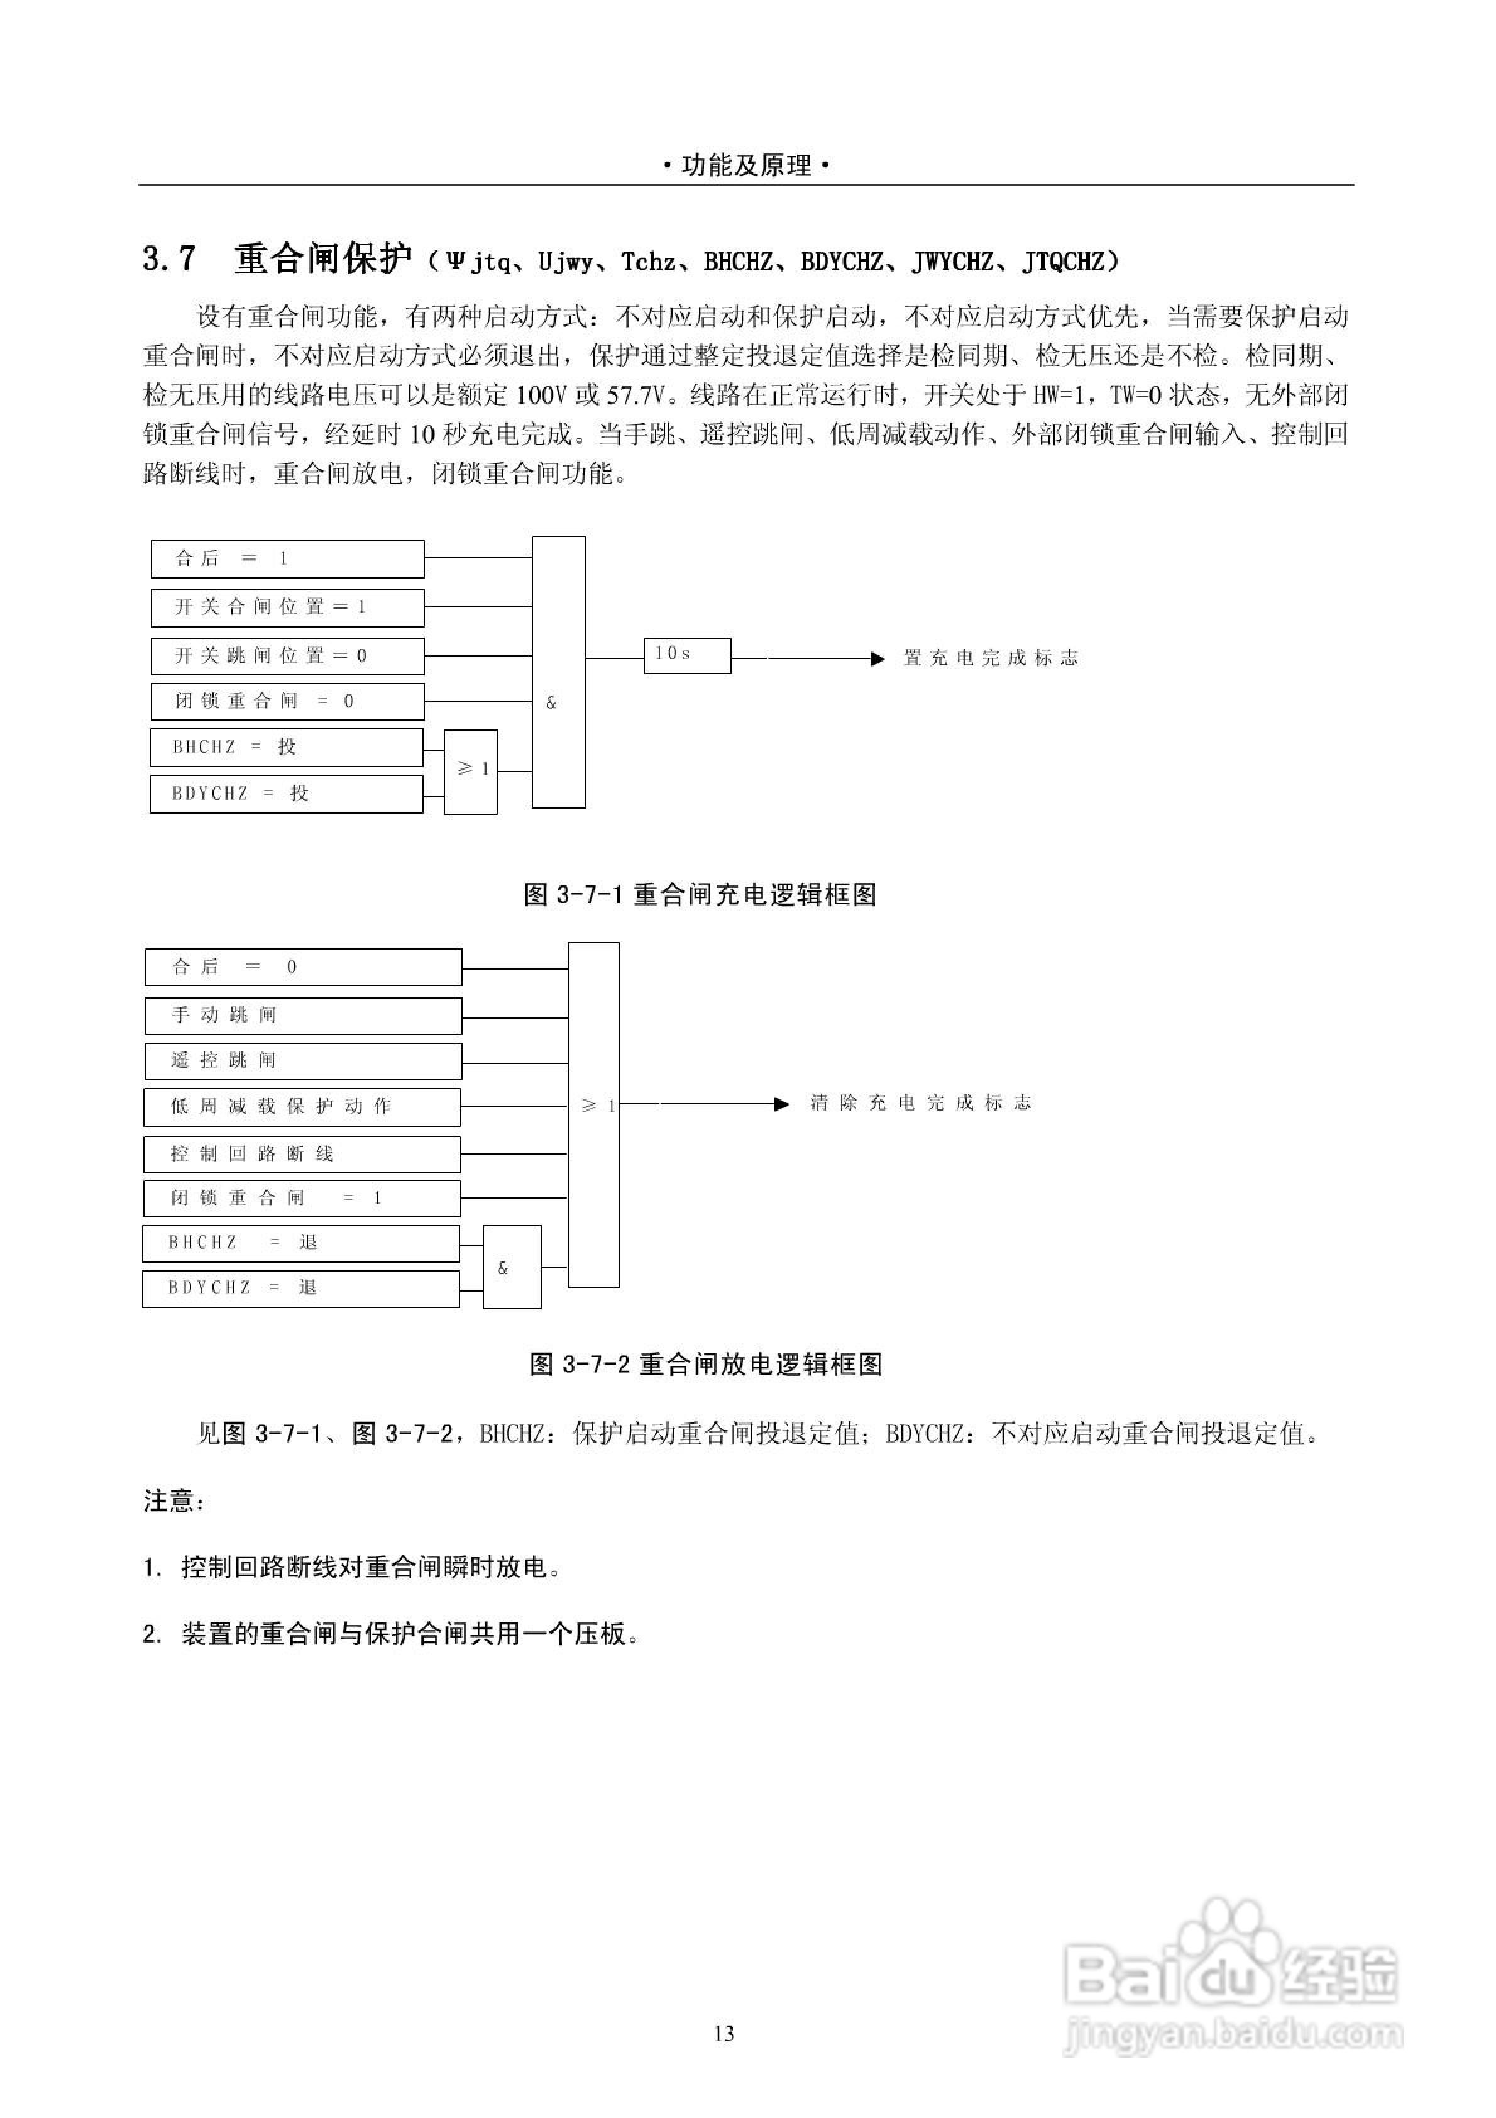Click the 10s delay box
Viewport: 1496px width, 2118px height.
tap(686, 655)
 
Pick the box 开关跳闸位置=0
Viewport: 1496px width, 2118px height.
tap(287, 656)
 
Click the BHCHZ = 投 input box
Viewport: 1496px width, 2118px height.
tap(286, 747)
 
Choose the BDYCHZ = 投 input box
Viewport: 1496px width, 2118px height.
tap(286, 794)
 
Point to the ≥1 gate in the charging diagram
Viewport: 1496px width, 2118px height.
tap(470, 771)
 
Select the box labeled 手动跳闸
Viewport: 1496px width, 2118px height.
tap(302, 1016)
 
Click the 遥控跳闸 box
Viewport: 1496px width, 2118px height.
tap(302, 1061)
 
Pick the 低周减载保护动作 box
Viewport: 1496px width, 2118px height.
tap(302, 1107)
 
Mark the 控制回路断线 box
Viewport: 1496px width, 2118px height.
tap(302, 1154)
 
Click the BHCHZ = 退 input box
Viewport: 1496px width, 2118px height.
tap(300, 1243)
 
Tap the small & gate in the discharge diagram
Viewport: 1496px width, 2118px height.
tap(511, 1268)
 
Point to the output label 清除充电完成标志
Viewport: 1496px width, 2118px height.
tap(920, 1103)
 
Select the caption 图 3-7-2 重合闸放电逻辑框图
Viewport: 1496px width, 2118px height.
tap(706, 1365)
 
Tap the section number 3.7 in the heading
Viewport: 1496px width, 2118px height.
tap(170, 259)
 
